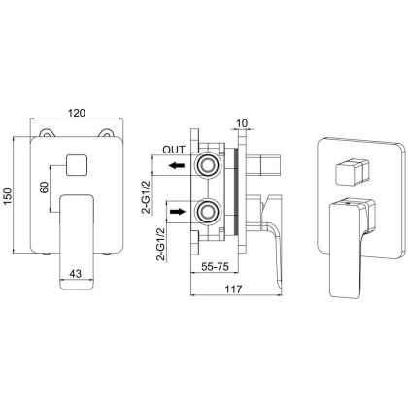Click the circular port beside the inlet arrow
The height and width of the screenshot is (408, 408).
(206, 211)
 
